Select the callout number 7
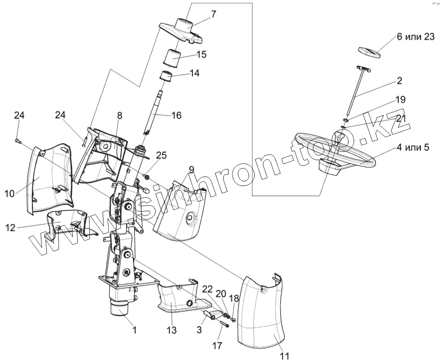pos(214,14)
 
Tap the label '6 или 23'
pos(415,37)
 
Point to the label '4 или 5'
pos(413,148)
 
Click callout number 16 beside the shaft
pos(176,116)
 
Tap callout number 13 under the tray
pos(172,330)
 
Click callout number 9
pos(191,169)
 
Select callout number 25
pos(161,155)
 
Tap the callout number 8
pos(119,116)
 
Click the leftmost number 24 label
pos(18,116)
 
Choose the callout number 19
pos(400,100)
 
